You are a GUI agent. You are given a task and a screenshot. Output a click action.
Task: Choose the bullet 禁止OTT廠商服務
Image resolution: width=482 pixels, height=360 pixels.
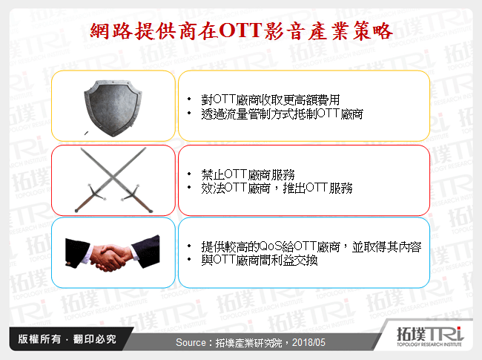(x=248, y=175)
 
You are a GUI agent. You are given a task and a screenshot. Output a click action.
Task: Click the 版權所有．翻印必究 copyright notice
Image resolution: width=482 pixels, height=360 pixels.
(x=63, y=340)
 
